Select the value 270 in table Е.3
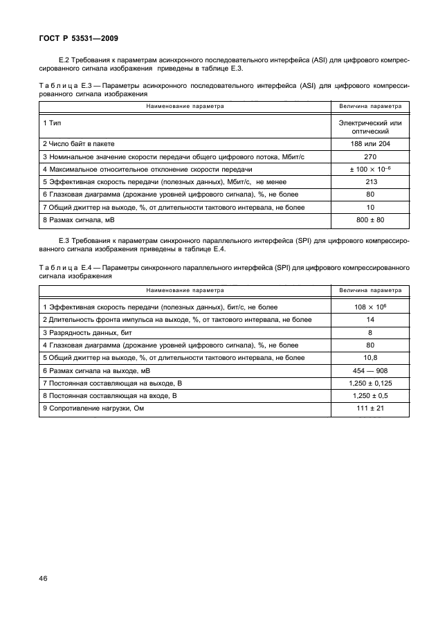(370, 157)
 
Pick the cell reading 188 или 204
(370, 145)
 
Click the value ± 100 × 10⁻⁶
(370, 170)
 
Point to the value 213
(370, 182)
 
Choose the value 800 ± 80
(370, 219)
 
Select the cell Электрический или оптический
(370, 127)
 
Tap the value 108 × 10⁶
(370, 307)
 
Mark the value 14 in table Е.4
(370, 320)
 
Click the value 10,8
(370, 357)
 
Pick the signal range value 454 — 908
(370, 370)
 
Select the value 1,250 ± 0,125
(370, 383)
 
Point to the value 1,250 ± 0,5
(370, 395)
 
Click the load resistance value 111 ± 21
(370, 408)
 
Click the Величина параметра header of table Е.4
(370, 291)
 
